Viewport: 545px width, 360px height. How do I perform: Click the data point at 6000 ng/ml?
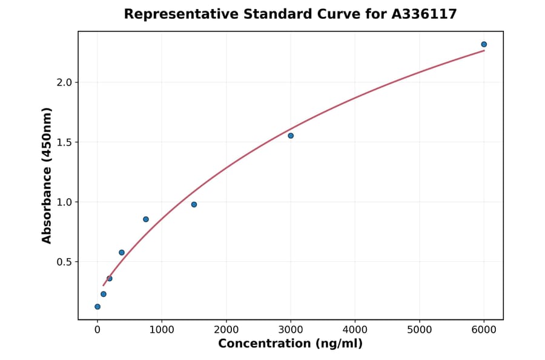(484, 44)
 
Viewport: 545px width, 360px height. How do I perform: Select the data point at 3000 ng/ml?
(291, 136)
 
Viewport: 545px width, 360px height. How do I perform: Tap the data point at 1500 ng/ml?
(194, 204)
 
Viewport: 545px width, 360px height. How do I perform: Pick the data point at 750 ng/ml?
(146, 219)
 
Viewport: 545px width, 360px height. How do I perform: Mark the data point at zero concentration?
(97, 307)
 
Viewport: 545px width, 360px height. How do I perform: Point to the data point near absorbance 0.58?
(122, 253)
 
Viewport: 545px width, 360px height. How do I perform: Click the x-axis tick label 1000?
(162, 330)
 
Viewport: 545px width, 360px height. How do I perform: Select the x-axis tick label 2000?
(226, 330)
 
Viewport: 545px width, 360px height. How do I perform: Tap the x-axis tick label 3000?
(291, 330)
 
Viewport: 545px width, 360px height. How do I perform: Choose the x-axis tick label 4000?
(355, 330)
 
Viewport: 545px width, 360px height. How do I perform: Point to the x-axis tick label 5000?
(420, 330)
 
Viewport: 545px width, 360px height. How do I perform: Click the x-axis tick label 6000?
(484, 330)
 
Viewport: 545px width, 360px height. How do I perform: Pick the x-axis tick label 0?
(97, 330)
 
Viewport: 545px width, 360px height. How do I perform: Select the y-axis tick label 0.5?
(64, 262)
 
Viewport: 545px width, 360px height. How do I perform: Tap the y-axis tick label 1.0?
(64, 202)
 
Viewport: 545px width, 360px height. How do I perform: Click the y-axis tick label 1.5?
(64, 142)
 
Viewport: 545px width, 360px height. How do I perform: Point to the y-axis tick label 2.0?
(64, 82)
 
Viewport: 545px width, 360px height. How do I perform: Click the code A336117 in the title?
(424, 14)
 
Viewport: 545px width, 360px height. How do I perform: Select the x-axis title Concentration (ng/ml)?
(290, 344)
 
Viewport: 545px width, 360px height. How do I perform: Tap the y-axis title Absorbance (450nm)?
(47, 175)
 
